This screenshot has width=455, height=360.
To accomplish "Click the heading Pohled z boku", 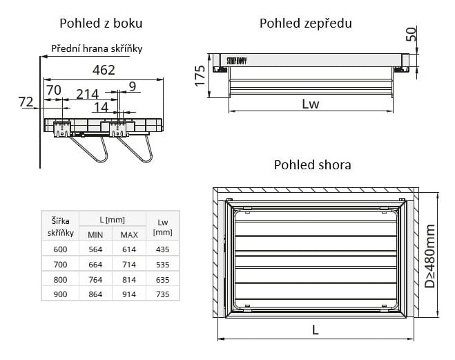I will [x=101, y=23].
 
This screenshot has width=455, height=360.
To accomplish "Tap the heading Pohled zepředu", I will [x=305, y=23].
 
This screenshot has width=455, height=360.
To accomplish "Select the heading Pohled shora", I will [x=312, y=164].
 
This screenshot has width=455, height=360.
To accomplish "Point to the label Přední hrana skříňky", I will [x=97, y=49].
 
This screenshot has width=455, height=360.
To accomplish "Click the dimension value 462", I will [x=104, y=70].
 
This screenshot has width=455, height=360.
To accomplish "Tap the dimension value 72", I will [x=26, y=102].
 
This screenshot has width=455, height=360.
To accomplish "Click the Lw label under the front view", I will [x=311, y=104].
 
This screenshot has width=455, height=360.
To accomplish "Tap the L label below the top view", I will [x=315, y=330].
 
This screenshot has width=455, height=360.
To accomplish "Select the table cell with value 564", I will [x=95, y=249].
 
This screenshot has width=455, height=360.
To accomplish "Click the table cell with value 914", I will [x=129, y=294].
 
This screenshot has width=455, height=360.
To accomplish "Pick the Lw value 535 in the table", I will [x=163, y=264].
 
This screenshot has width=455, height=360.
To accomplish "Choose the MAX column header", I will [x=129, y=234].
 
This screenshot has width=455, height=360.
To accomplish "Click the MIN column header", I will [x=95, y=234].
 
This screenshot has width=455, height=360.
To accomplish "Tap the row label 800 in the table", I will [x=60, y=279].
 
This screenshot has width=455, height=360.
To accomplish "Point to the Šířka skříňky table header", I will [x=60, y=227].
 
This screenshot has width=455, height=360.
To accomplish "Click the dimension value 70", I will [x=53, y=90].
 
